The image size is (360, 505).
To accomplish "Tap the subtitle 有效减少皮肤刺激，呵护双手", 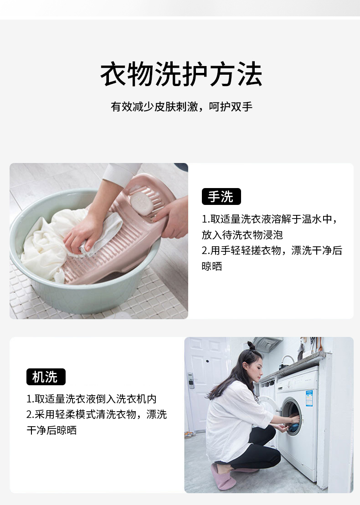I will [181, 107].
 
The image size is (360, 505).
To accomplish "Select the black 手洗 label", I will [221, 197].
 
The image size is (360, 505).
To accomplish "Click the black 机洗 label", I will [46, 377].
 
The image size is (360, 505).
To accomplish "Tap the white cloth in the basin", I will [43, 246].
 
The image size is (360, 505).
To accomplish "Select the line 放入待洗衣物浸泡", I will [242, 235].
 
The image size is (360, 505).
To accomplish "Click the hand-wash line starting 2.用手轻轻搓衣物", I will [272, 250].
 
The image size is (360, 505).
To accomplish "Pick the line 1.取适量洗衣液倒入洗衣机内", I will [92, 399].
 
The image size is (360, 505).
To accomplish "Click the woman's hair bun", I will [251, 346].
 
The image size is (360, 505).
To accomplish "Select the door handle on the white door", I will [191, 380].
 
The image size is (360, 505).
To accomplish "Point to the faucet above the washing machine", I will [286, 360].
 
